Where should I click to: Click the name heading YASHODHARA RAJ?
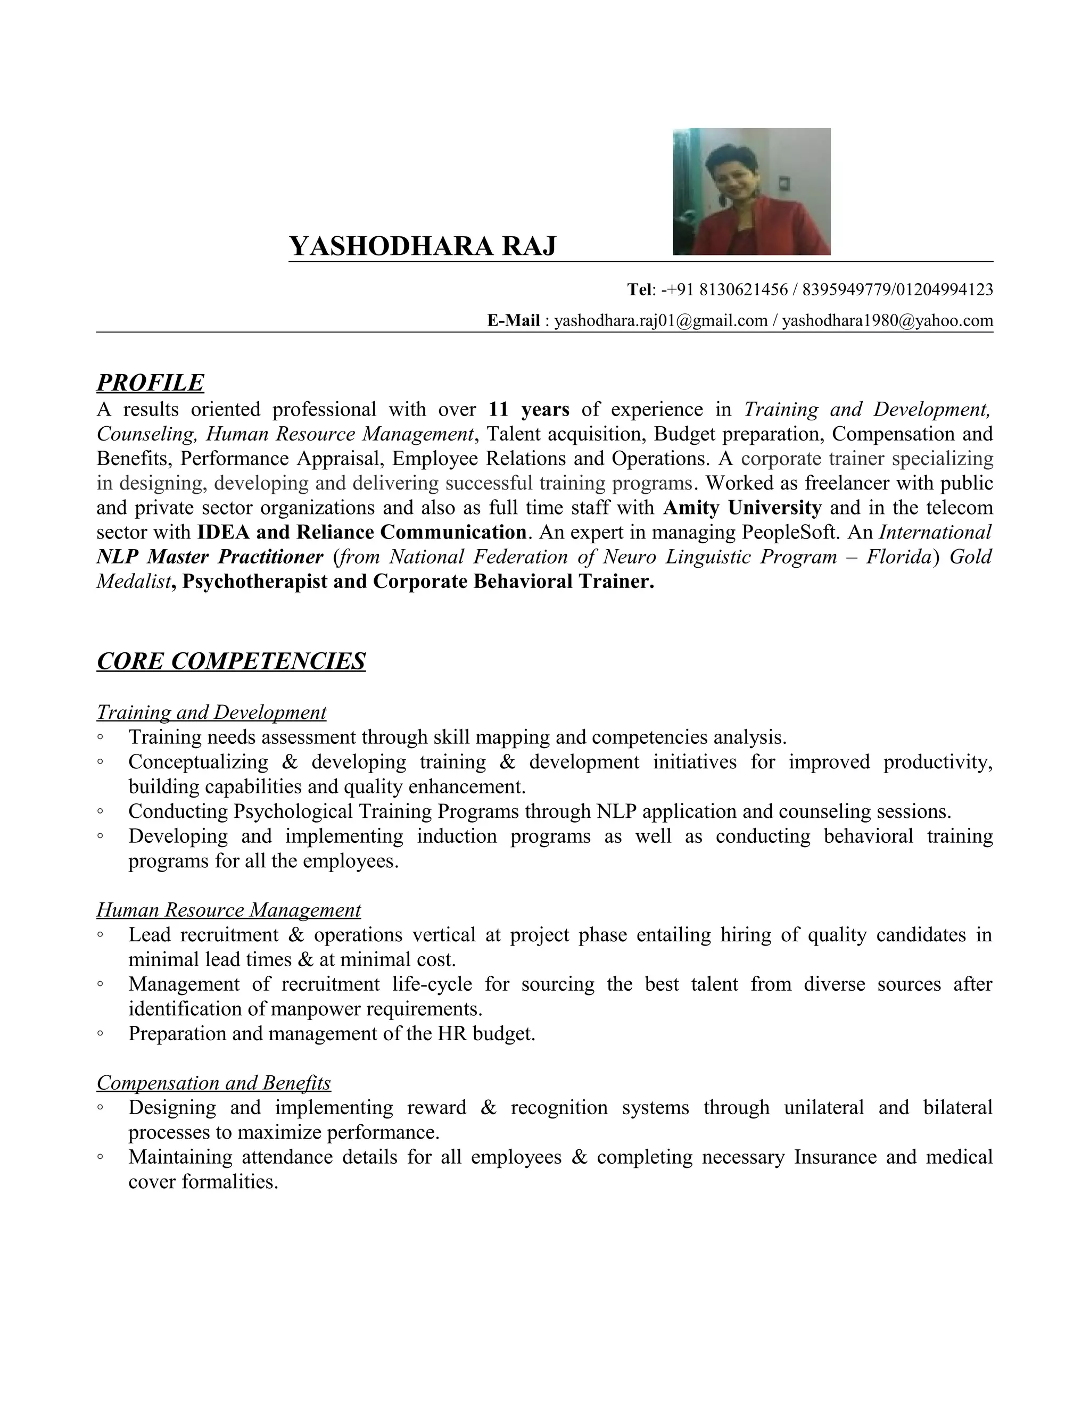click(422, 246)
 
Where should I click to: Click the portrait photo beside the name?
click(751, 192)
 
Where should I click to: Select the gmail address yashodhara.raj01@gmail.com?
click(660, 320)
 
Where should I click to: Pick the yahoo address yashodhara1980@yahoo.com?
click(887, 320)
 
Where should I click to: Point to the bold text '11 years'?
click(529, 409)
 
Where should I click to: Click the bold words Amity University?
click(742, 508)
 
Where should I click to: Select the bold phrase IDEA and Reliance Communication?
click(361, 532)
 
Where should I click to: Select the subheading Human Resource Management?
click(228, 910)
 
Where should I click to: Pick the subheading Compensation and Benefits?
click(214, 1083)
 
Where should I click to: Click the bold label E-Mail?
click(514, 320)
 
